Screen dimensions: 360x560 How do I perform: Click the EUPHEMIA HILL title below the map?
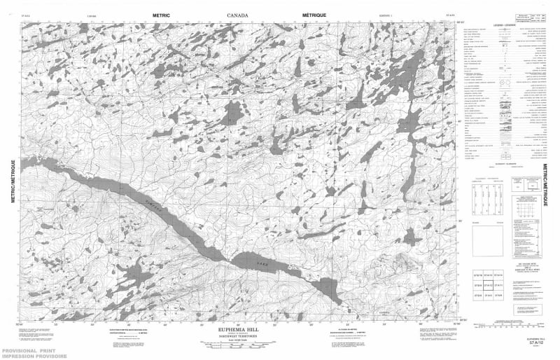click(x=241, y=327)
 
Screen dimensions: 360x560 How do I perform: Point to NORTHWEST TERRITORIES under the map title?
click(x=241, y=336)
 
